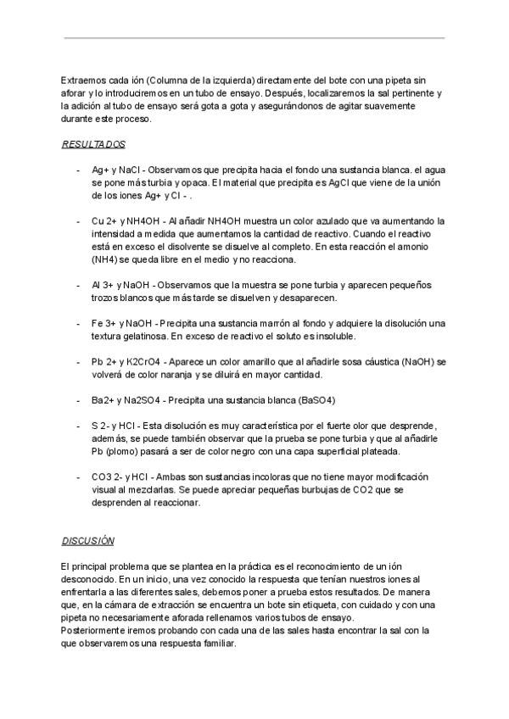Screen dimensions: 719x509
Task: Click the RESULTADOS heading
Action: [93, 144]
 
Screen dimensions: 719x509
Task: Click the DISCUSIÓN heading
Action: [88, 540]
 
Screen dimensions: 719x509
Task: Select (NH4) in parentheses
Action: [107, 259]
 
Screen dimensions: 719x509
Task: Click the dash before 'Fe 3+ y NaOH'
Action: [77, 323]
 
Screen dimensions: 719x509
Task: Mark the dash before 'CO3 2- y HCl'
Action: [77, 477]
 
